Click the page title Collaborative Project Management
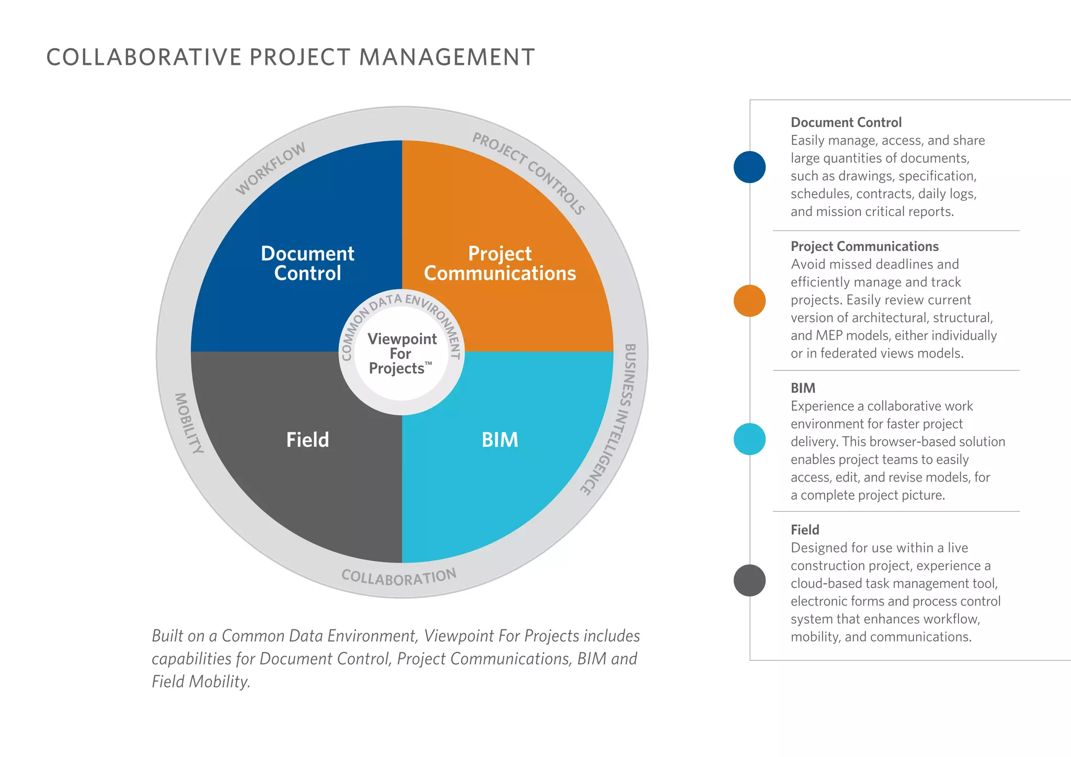pyautogui.click(x=290, y=58)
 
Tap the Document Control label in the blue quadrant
pyautogui.click(x=307, y=263)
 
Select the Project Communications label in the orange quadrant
pyautogui.click(x=499, y=263)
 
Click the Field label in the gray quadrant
pyautogui.click(x=307, y=440)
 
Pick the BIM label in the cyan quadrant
pyautogui.click(x=499, y=440)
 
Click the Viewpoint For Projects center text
pyautogui.click(x=402, y=354)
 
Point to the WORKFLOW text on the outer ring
pyautogui.click(x=270, y=168)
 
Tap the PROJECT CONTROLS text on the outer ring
pyautogui.click(x=528, y=173)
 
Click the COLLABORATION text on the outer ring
pyautogui.click(x=399, y=577)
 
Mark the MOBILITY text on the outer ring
pyautogui.click(x=188, y=423)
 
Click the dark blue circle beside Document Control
pyautogui.click(x=749, y=167)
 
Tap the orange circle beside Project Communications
pyautogui.click(x=749, y=301)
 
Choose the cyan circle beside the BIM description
pyautogui.click(x=749, y=439)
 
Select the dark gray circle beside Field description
pyautogui.click(x=749, y=580)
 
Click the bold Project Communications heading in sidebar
pyautogui.click(x=864, y=247)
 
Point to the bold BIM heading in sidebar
pyautogui.click(x=803, y=388)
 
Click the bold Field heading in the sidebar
pyautogui.click(x=805, y=530)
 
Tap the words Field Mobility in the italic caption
pyautogui.click(x=200, y=682)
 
